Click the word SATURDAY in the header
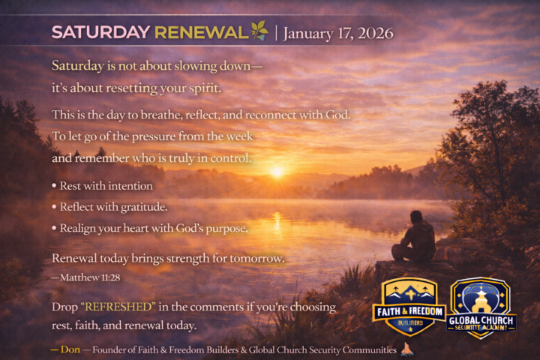[x=100, y=33]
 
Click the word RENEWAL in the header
[x=200, y=33]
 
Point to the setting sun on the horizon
[x=277, y=172]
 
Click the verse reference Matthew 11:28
[x=88, y=277]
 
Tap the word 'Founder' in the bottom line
[x=110, y=349]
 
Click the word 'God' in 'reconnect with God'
[x=335, y=115]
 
